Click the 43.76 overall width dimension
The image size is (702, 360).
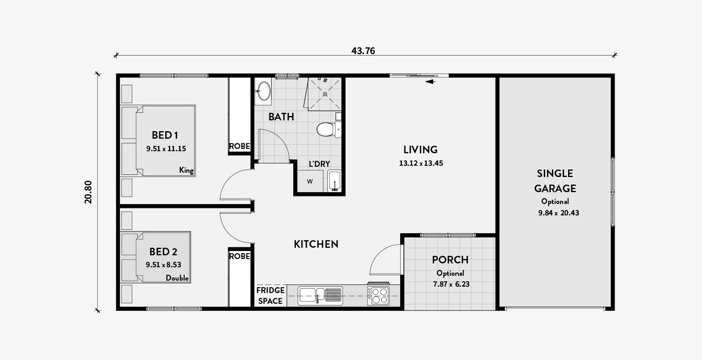[x=363, y=51]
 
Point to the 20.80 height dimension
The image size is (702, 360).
[x=89, y=192]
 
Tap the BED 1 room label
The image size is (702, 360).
[x=165, y=135]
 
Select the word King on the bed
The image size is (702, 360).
[x=186, y=170]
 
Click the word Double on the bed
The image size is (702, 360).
[x=177, y=278]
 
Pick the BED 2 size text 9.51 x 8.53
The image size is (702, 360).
[x=163, y=265]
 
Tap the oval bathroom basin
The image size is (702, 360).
[x=264, y=91]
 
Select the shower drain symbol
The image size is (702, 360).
[x=325, y=94]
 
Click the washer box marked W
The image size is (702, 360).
[x=310, y=181]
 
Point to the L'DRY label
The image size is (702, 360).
[x=319, y=164]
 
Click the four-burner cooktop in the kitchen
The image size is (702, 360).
[x=378, y=295]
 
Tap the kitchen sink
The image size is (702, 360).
[x=320, y=296]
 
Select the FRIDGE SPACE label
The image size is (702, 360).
[x=271, y=295]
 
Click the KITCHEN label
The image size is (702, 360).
[x=316, y=244]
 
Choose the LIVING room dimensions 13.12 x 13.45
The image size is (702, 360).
[x=421, y=163]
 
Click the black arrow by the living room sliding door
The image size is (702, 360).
[x=430, y=82]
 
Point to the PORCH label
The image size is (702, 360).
[x=450, y=260]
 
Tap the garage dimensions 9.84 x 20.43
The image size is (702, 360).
[x=558, y=213]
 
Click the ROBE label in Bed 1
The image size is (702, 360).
[x=239, y=146]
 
